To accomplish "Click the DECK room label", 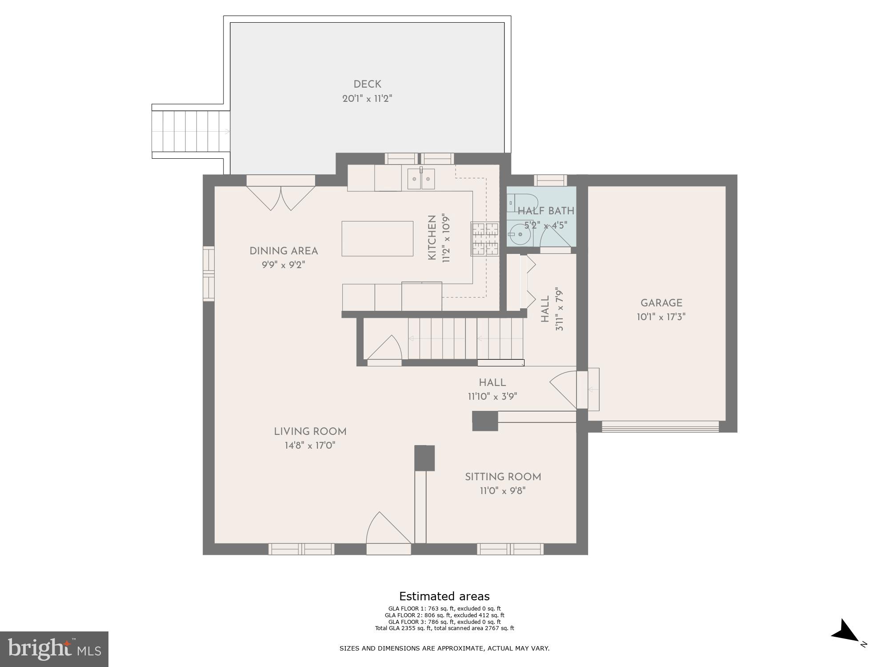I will [x=367, y=84].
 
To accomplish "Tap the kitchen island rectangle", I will [x=377, y=238].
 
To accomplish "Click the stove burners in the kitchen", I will [x=485, y=239].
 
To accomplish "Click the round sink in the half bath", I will [x=518, y=235].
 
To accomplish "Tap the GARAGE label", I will [x=661, y=303].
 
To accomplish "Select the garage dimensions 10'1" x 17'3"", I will [x=661, y=317].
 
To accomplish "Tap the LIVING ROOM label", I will [x=310, y=431].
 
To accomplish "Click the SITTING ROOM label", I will [x=503, y=477].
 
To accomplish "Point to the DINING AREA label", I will [x=284, y=251].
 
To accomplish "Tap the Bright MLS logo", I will [x=54, y=649].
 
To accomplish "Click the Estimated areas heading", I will [x=444, y=596].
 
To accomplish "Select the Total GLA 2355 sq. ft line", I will [x=444, y=628].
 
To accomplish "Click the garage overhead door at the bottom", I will [x=660, y=429].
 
